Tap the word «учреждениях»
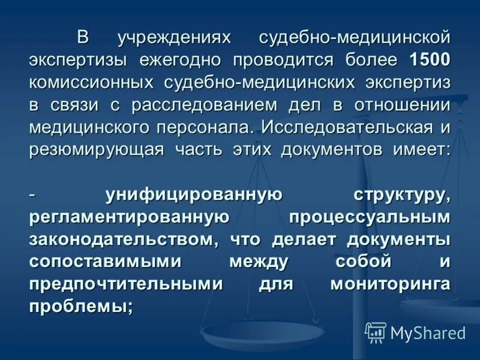(175, 38)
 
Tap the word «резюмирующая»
(97, 149)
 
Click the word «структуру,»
(401, 194)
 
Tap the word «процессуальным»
(369, 217)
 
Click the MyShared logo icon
(376, 332)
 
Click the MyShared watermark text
(428, 332)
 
